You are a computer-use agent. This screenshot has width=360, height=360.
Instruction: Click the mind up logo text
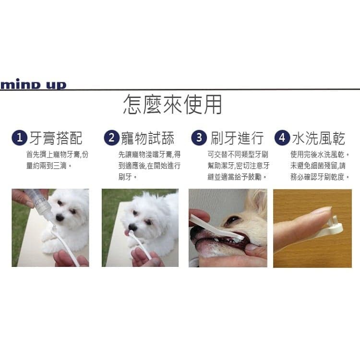click(33, 85)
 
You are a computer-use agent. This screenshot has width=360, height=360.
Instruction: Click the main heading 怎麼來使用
click(172, 105)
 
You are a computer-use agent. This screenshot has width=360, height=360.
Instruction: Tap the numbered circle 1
click(19, 138)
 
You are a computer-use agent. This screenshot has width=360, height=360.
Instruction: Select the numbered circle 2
click(111, 138)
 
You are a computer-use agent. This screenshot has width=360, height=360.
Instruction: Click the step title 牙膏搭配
click(56, 138)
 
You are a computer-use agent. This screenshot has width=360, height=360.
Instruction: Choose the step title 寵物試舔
click(147, 138)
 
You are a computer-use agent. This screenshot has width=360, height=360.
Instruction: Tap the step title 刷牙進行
click(237, 138)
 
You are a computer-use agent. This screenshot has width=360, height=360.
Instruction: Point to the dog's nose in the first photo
click(60, 217)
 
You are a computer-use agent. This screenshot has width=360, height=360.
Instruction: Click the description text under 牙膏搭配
click(57, 160)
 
